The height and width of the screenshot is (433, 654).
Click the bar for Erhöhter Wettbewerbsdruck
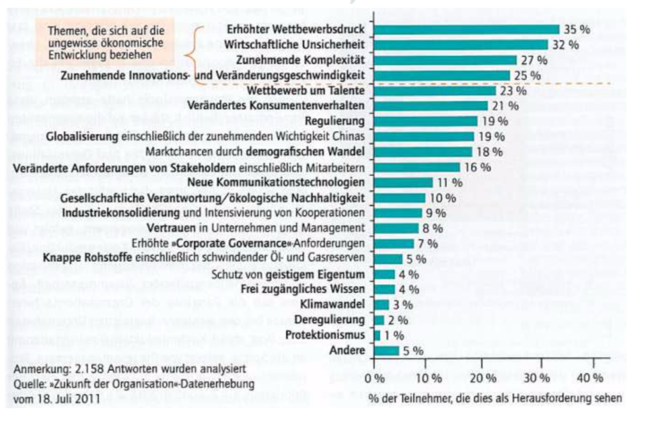[466, 29]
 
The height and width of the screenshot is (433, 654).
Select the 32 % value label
[566, 45]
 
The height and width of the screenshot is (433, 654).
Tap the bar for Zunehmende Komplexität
[445, 60]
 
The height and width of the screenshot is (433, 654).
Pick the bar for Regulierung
[425, 121]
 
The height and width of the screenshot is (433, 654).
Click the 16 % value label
[476, 167]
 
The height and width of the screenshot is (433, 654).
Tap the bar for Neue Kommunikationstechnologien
[403, 182]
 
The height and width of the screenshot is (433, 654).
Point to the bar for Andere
[386, 350]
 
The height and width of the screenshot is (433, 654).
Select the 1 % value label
[395, 335]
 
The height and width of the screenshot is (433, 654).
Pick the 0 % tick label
[374, 378]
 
